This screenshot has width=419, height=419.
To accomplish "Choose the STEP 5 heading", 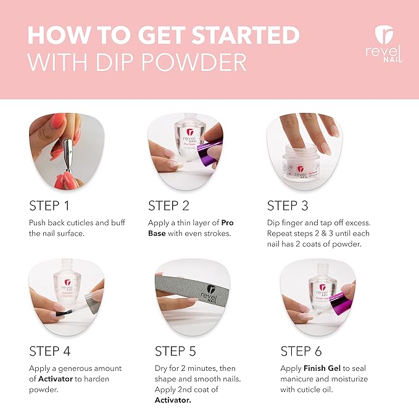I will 175,351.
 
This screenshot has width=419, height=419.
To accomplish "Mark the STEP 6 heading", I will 301,351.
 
